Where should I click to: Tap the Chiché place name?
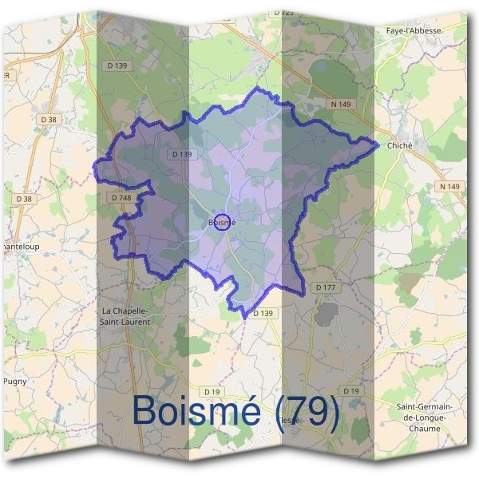pos(399,145)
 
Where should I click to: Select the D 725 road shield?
pos(283,13)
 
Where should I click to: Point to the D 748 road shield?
pos(121,197)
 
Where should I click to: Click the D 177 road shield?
pos(325,287)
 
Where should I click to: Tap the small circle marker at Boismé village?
pos(224,221)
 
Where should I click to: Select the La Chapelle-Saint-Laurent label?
pos(132,315)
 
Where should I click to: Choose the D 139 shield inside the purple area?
pos(181,154)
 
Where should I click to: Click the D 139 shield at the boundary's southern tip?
pos(263,314)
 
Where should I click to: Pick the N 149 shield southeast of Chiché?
pos(449,186)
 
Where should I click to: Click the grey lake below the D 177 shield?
pos(327,314)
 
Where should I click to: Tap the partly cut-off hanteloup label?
pos(20,247)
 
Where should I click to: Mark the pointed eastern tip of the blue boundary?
pos(377,144)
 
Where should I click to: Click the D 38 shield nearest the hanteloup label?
pos(24,198)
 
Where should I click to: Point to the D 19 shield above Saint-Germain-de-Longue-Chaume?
pos(350,390)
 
